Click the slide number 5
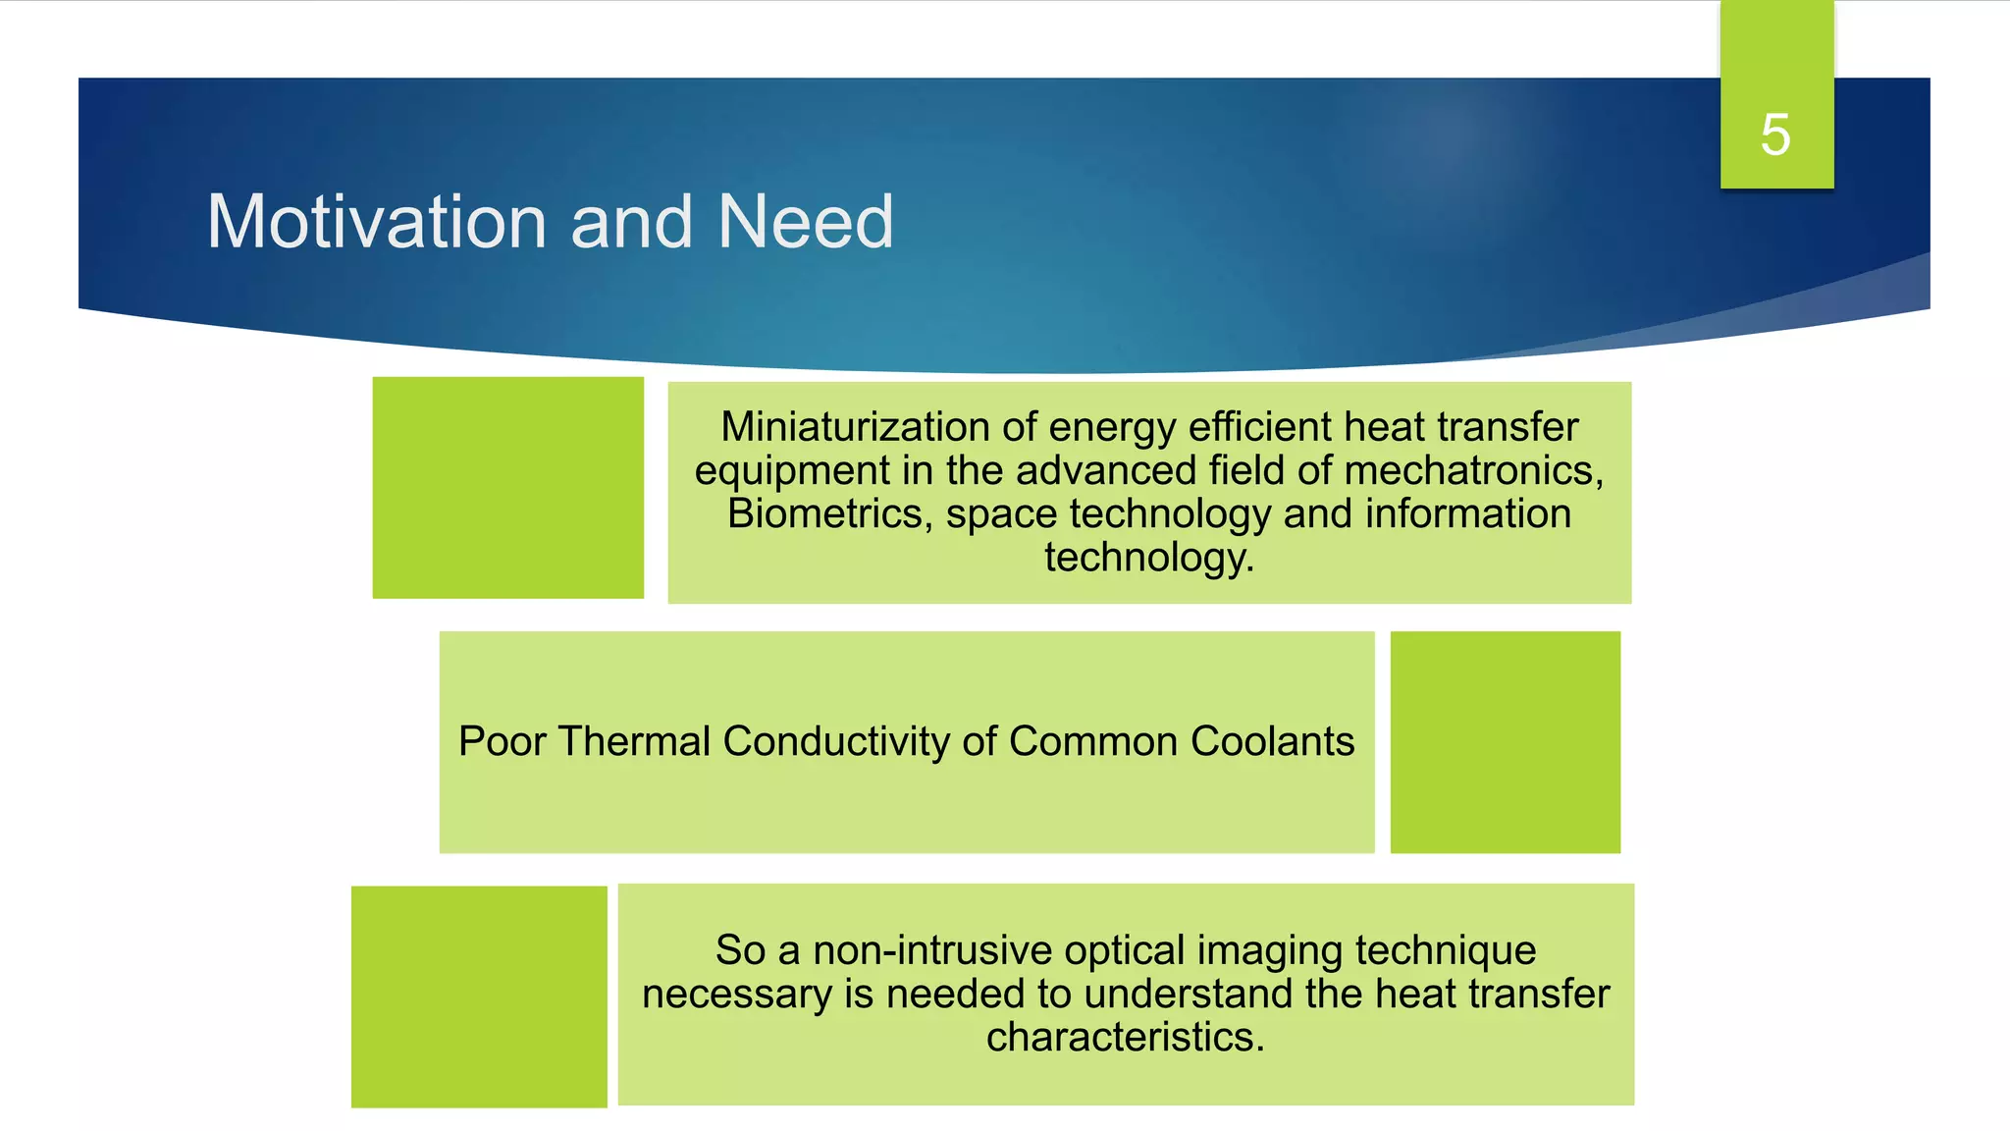click(1774, 135)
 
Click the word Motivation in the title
click(376, 222)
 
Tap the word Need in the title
click(805, 222)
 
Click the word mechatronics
click(1473, 470)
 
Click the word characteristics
click(1125, 1037)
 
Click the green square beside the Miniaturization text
click(507, 488)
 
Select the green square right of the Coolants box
click(1505, 742)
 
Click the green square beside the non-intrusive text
click(479, 996)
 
